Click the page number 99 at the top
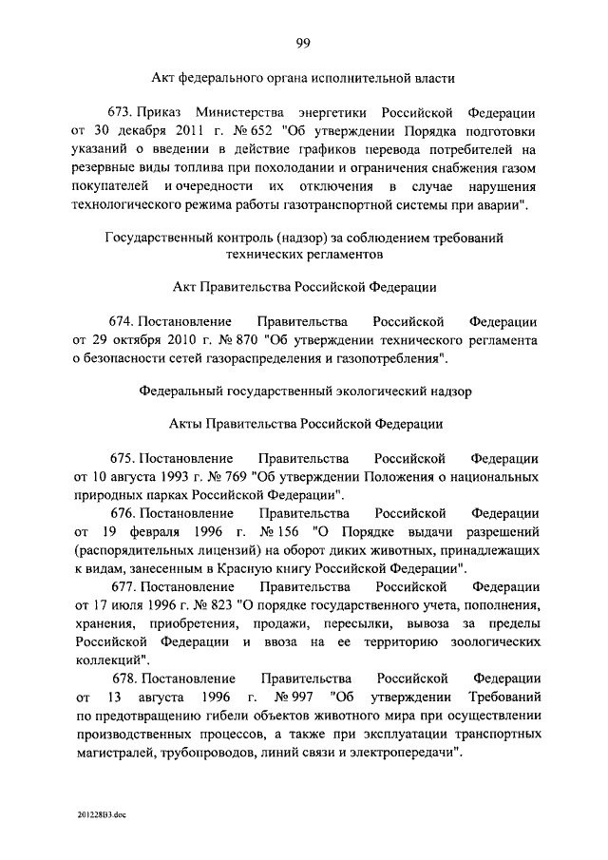[x=304, y=41]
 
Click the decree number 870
[x=250, y=339]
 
